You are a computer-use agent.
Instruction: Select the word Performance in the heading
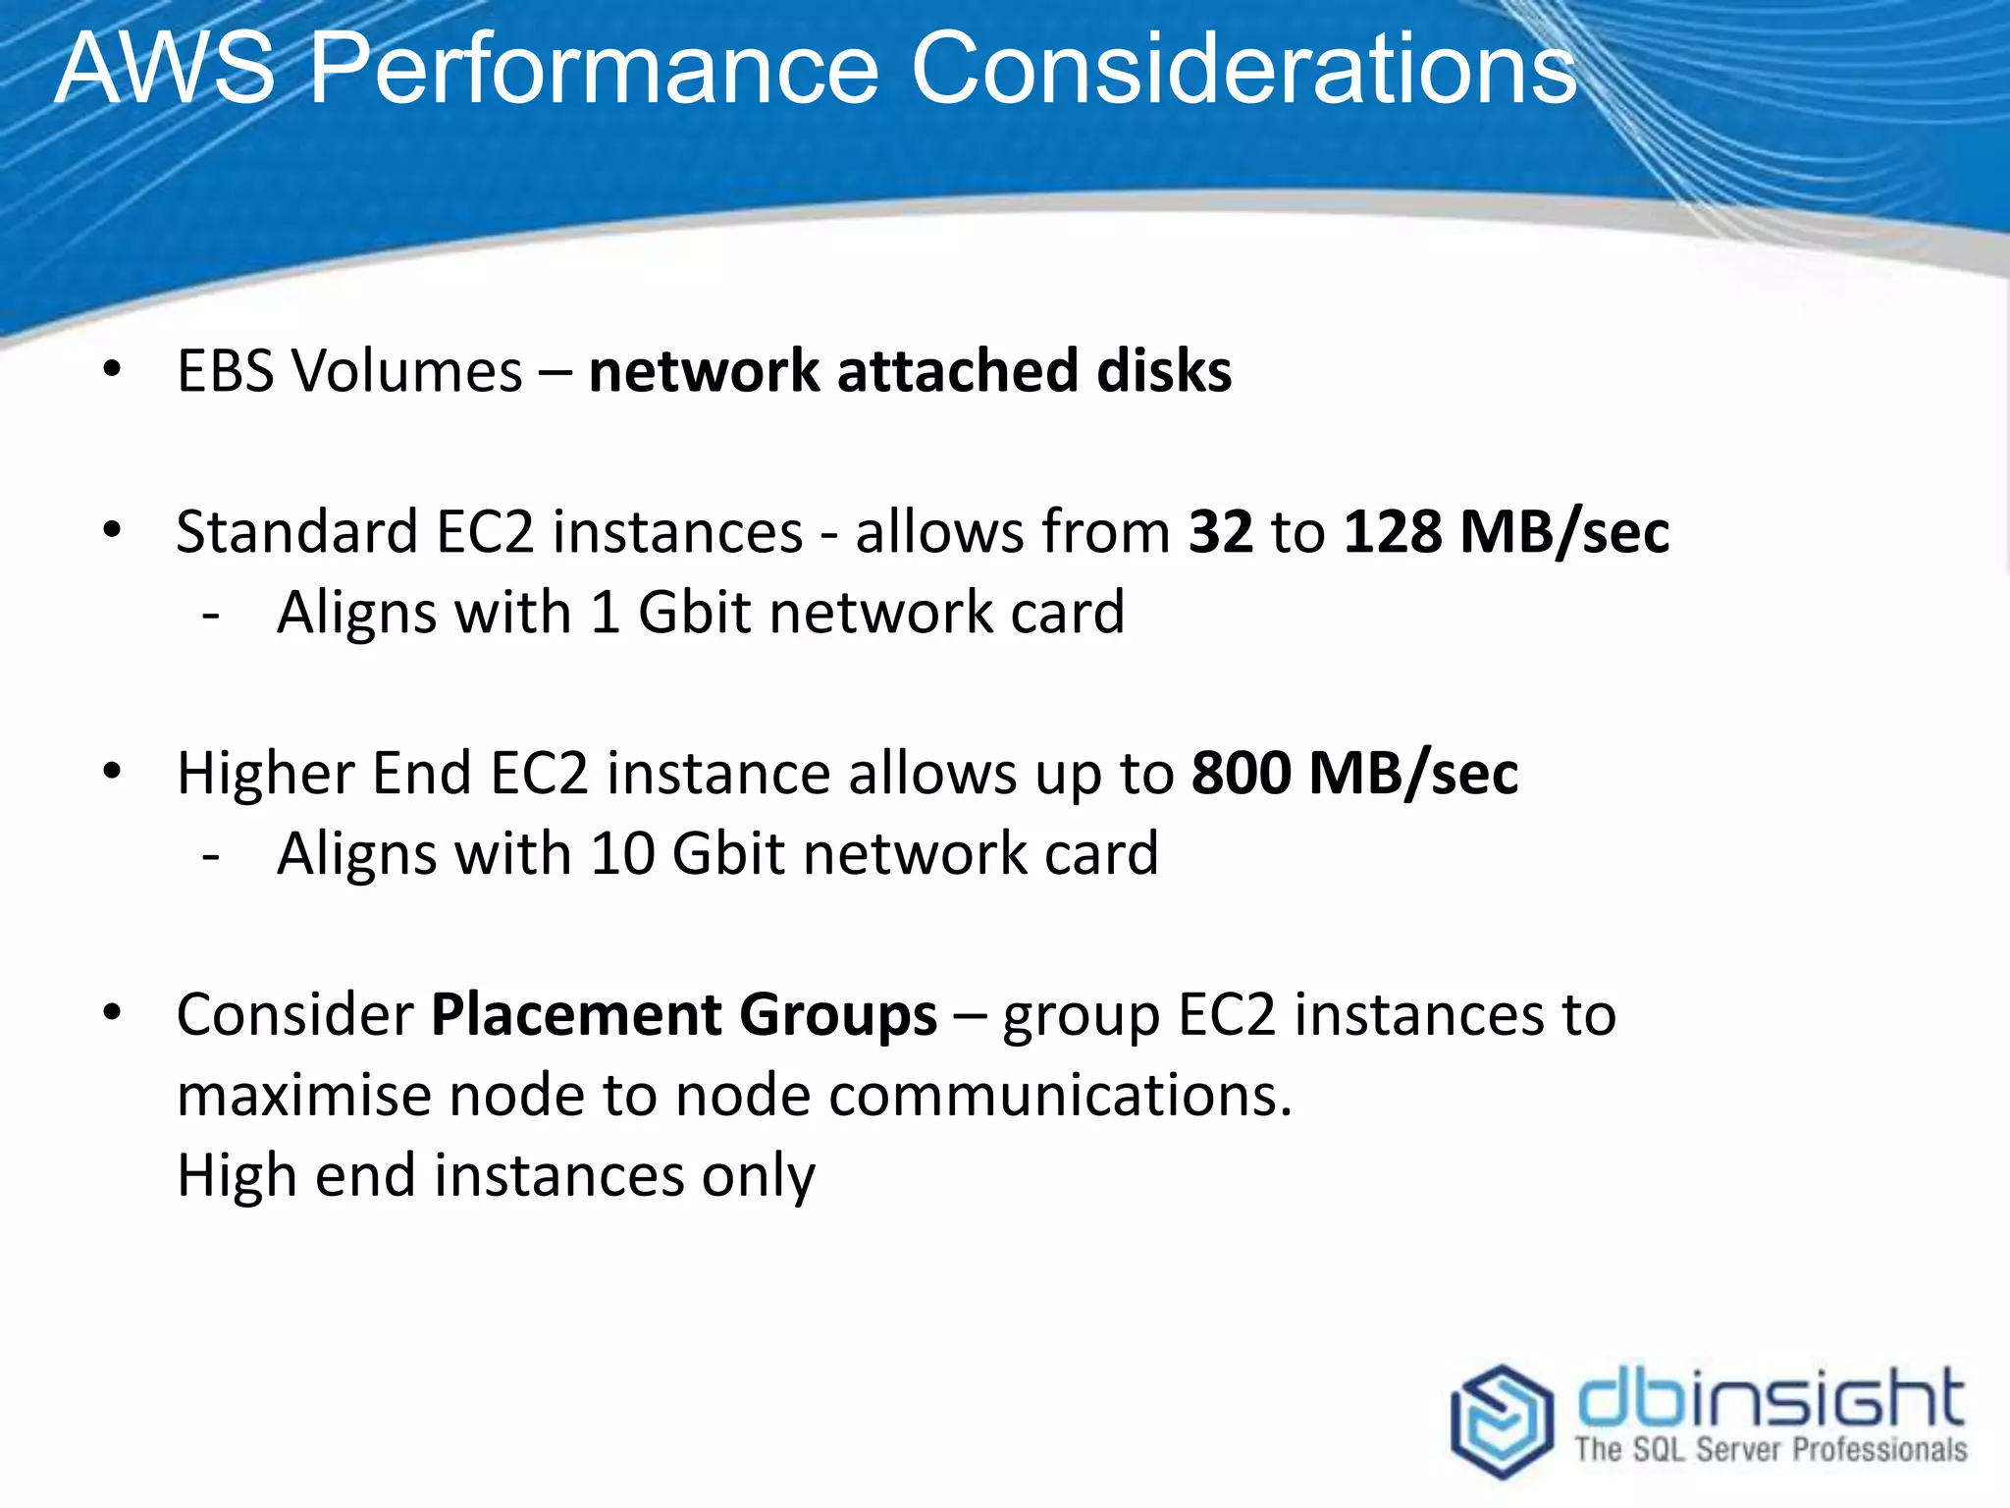[594, 71]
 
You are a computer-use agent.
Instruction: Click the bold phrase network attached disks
[910, 371]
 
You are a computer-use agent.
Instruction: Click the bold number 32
[1220, 532]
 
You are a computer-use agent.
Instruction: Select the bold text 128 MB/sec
[1506, 532]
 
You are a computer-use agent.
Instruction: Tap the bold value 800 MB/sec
[1354, 774]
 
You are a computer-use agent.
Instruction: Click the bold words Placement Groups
[684, 1014]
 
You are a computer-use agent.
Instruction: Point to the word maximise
[303, 1095]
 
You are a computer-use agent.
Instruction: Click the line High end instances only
[496, 1176]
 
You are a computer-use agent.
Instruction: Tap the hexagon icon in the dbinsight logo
[1502, 1420]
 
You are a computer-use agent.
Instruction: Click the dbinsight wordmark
[1770, 1398]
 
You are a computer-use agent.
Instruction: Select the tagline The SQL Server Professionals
[1770, 1450]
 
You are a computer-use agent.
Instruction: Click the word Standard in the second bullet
[296, 532]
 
